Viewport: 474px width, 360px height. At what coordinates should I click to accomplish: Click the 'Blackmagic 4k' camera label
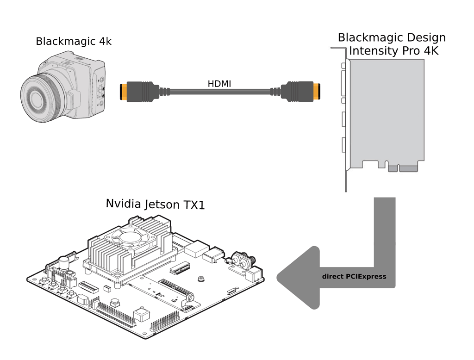tap(74, 42)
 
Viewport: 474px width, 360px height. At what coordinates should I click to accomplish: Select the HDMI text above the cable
tap(219, 83)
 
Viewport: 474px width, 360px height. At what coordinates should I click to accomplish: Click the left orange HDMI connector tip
tap(123, 92)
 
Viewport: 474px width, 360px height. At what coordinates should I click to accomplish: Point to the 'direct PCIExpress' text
tap(354, 277)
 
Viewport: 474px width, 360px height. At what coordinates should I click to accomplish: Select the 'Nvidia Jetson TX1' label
tap(155, 204)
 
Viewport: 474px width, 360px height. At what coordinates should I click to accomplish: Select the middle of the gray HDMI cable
tap(219, 92)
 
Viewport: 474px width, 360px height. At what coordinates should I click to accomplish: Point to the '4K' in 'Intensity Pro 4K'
tap(429, 50)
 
